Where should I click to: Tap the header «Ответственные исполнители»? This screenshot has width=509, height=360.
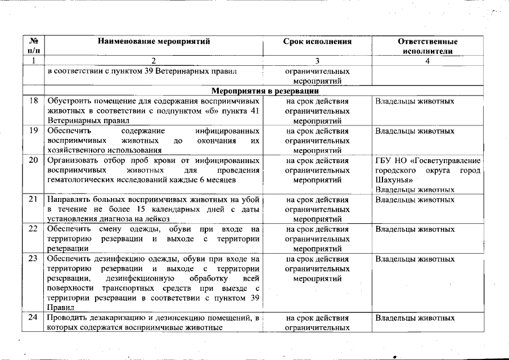427,46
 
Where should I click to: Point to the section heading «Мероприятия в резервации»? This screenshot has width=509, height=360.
265,90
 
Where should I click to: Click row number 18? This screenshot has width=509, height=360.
33,101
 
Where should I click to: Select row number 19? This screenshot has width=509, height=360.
33,131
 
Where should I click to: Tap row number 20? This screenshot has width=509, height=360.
33,160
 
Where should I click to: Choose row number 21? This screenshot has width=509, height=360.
33,200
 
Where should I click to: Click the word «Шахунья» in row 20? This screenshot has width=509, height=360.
394,180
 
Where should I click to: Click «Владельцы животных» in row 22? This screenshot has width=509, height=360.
415,229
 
